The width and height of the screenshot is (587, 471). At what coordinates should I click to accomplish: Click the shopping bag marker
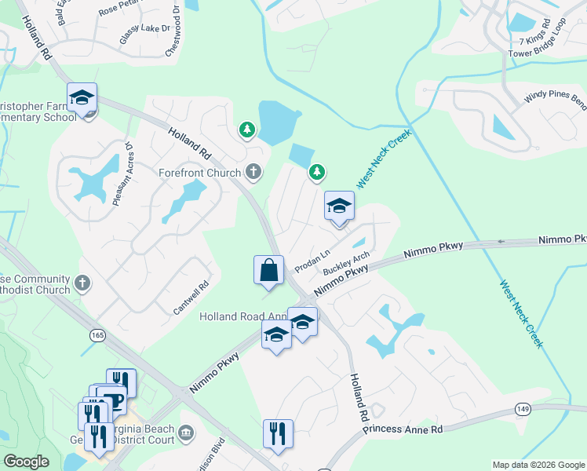268,270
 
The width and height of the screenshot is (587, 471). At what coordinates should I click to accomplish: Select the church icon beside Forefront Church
253,170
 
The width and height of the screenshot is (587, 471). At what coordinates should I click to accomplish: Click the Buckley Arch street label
346,263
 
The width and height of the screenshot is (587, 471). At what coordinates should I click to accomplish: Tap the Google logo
26,462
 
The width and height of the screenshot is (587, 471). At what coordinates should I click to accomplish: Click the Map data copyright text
538,465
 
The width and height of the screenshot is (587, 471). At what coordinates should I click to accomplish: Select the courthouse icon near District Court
187,432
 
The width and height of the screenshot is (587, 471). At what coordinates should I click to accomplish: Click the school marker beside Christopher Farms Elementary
82,98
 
